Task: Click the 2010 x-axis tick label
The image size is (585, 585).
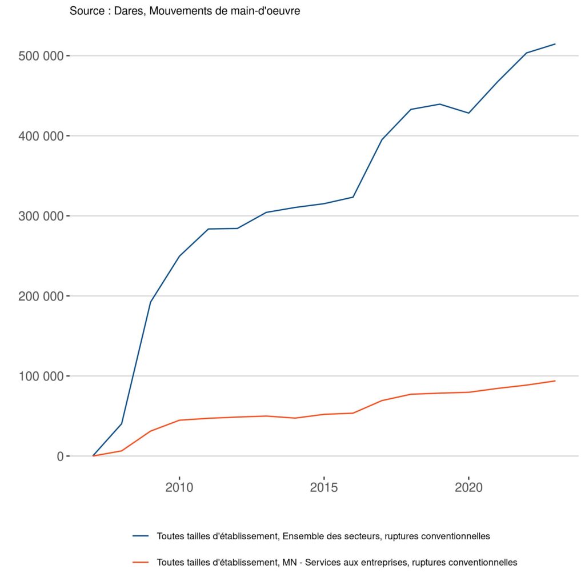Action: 179,488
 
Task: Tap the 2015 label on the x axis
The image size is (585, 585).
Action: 324,488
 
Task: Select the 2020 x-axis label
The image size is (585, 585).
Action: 468,488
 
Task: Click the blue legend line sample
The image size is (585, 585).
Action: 141,536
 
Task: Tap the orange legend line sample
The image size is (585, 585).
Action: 141,562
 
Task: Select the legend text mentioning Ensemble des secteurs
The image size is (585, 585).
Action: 323,536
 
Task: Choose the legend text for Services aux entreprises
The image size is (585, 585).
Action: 337,562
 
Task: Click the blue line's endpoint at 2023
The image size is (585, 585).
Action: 555,44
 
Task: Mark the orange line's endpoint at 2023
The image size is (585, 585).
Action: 555,381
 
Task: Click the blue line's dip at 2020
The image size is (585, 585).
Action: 468,113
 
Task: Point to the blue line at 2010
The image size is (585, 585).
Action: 179,256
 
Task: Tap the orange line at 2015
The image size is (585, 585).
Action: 324,414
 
